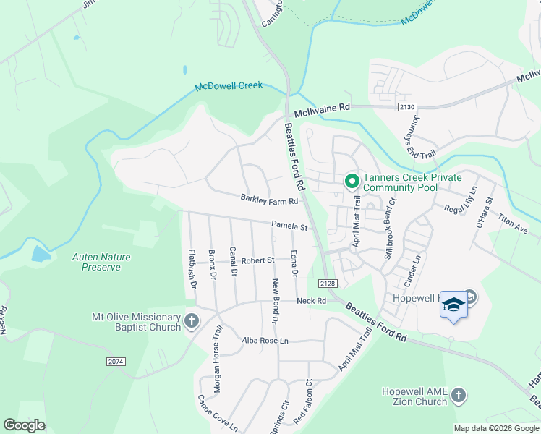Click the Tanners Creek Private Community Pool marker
352,181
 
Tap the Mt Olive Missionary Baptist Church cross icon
192,320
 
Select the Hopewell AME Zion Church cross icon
457,395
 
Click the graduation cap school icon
453,305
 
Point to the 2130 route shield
406,107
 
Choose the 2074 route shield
116,361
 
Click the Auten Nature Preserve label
96,262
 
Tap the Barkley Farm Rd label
269,200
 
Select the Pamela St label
289,226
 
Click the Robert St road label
258,260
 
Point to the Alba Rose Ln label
265,340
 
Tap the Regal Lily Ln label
461,200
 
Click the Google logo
24,425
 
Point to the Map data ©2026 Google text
496,428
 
